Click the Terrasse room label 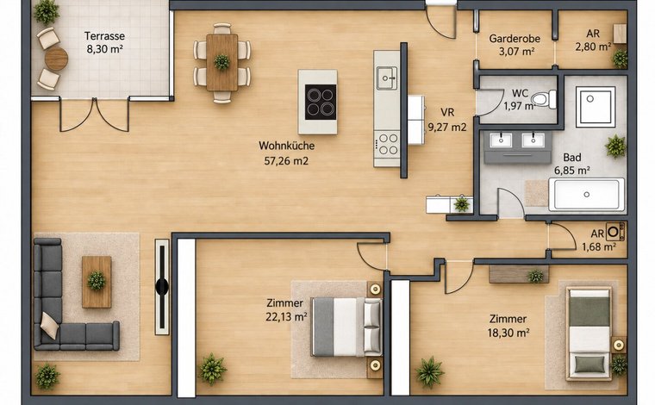point(104,36)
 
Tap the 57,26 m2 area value point(286,161)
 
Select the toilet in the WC point(544,99)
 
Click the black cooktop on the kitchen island point(321,102)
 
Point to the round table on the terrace point(56,59)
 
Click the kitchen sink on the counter point(387,78)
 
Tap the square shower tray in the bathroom point(596,107)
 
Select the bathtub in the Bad point(587,194)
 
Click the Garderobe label point(515,39)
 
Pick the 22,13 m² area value point(286,317)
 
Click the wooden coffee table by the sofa point(97,282)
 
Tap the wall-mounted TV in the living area point(162,287)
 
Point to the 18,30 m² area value point(508,333)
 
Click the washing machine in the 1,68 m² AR point(615,232)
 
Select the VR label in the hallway point(447,112)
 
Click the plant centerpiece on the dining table point(221,62)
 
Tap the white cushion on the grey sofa point(49,325)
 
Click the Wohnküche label point(286,146)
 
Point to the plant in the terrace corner point(47,12)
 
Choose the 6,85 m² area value point(572,171)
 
